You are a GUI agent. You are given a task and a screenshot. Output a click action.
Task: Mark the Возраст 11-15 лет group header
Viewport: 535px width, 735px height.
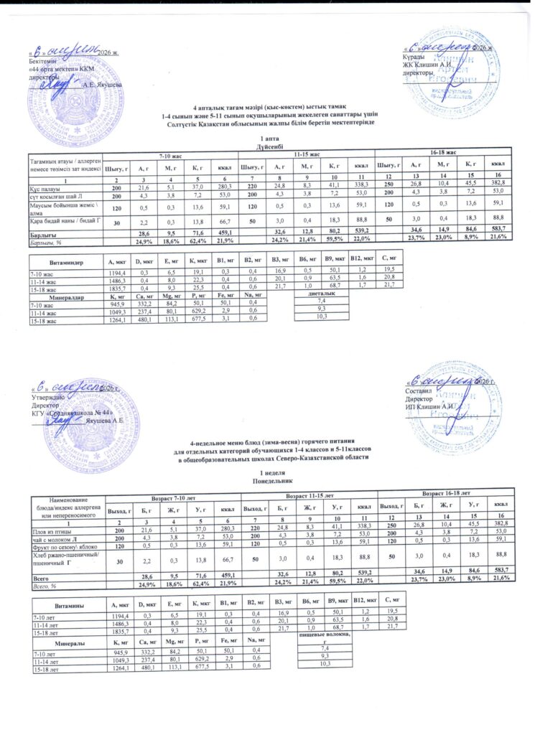point(310,496)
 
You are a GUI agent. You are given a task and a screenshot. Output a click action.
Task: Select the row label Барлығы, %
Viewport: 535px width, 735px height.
point(42,241)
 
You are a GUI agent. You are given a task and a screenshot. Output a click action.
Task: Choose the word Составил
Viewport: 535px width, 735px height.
point(417,391)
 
